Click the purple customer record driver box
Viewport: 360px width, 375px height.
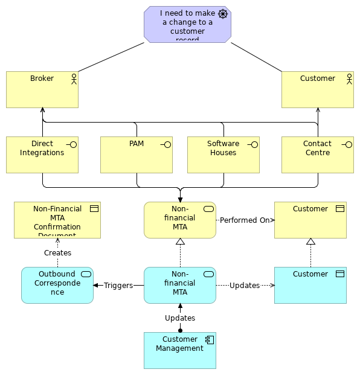point(187,25)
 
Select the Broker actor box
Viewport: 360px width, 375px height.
point(42,90)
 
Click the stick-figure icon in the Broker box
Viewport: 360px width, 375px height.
point(74,79)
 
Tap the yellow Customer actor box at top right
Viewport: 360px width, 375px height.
point(318,90)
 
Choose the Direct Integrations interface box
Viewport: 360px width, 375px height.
point(42,155)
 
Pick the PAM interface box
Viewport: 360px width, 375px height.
point(137,155)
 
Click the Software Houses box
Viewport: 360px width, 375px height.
point(223,155)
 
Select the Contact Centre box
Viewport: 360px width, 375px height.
point(318,155)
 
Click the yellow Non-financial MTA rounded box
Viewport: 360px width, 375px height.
point(180,220)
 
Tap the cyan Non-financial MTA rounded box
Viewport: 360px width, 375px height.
point(180,286)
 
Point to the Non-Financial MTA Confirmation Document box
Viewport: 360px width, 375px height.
point(57,220)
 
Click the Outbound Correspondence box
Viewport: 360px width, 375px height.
point(57,286)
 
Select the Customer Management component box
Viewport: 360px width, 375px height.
point(180,351)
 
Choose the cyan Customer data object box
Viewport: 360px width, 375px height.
point(310,286)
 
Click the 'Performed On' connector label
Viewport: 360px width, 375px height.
point(245,220)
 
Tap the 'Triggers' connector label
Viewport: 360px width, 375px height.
point(118,286)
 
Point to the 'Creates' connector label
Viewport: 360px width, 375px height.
point(57,253)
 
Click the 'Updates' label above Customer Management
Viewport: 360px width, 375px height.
point(180,318)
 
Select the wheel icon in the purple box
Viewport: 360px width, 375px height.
point(223,14)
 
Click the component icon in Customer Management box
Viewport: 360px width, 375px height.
point(209,340)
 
